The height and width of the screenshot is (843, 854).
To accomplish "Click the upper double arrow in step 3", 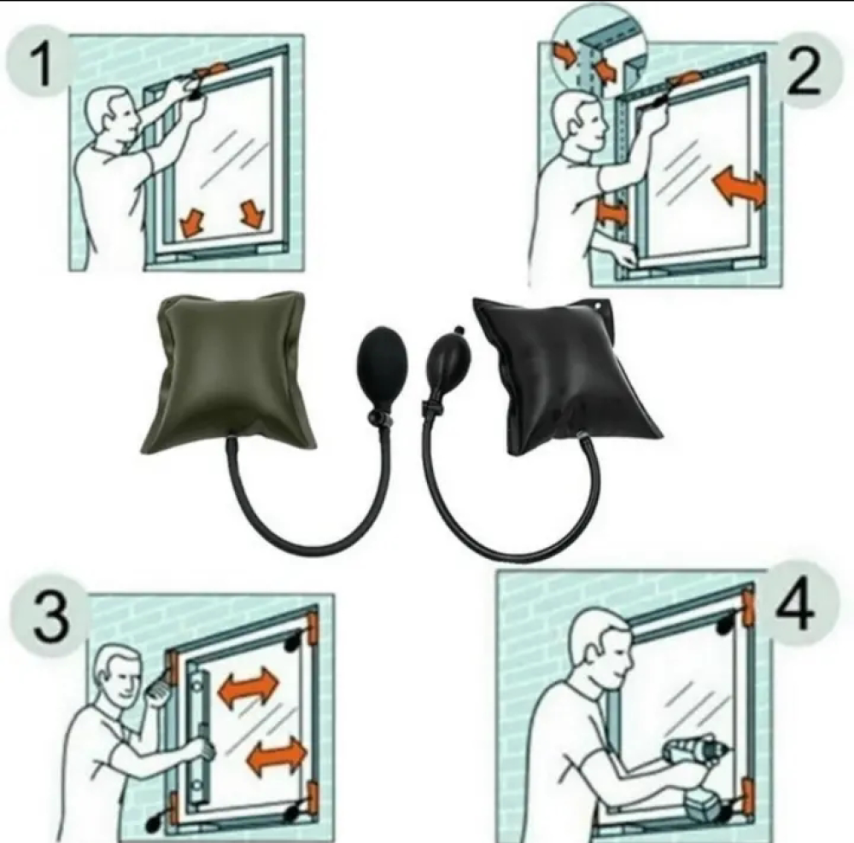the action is [x=248, y=686].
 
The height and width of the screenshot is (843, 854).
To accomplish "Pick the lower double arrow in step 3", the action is [x=278, y=756].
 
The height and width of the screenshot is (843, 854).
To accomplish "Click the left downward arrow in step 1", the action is [x=191, y=222].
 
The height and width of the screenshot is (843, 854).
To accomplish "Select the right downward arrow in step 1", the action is [x=252, y=213].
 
